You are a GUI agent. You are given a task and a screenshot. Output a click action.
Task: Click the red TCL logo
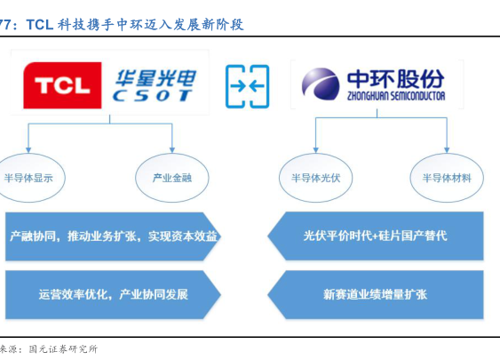(62, 85)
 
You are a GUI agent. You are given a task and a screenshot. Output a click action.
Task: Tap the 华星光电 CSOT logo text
(154, 85)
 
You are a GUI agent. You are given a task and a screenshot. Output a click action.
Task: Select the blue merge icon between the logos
(248, 86)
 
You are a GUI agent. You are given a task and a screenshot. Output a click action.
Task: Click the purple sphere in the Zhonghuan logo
(321, 83)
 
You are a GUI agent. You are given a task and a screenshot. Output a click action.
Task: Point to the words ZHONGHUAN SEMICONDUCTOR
(396, 96)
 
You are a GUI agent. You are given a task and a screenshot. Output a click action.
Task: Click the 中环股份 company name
(395, 78)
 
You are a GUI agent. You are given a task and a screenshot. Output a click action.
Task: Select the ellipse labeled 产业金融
(172, 178)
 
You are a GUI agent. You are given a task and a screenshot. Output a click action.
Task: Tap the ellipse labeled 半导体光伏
(315, 178)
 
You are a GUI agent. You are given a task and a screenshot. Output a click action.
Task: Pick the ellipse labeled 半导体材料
(447, 178)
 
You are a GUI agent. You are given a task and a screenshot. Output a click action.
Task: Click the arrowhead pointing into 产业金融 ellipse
(172, 150)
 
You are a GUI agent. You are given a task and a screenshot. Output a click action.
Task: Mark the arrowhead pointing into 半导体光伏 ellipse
(315, 150)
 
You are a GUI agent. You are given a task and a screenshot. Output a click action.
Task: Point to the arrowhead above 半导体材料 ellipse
(447, 150)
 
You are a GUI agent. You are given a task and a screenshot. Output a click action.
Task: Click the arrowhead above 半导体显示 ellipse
(28, 150)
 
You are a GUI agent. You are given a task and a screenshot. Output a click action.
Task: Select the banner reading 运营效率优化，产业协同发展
(113, 294)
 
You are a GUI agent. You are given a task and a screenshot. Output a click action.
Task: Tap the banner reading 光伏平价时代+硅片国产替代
(376, 236)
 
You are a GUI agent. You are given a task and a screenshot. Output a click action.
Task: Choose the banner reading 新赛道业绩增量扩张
(376, 294)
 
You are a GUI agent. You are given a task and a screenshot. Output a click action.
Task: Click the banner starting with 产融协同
(113, 236)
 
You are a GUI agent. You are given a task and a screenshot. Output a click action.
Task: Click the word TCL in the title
(40, 25)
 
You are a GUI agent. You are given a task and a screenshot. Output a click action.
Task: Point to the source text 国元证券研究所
(63, 348)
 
